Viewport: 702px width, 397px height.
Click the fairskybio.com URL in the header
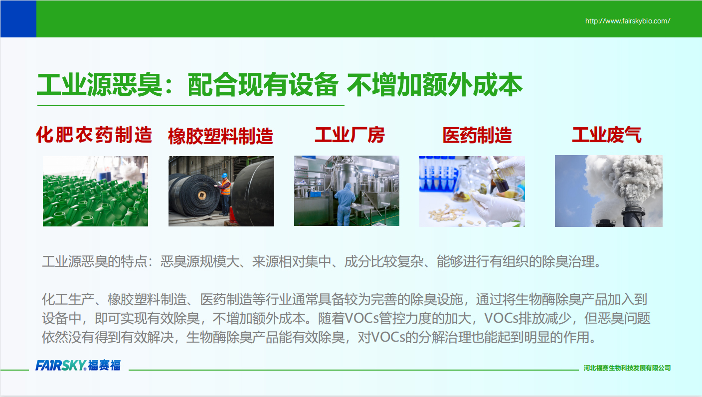coord(627,21)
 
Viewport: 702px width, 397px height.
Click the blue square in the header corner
coord(18,19)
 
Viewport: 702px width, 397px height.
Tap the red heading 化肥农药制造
coord(94,135)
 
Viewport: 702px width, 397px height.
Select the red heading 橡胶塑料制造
coord(221,136)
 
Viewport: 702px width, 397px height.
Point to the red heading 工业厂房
coord(350,135)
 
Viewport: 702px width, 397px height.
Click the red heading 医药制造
coord(477,135)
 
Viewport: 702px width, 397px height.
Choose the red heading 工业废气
coord(607,135)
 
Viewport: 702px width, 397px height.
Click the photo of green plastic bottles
coord(95,191)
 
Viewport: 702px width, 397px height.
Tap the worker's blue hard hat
coord(224,175)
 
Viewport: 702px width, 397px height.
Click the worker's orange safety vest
coord(226,187)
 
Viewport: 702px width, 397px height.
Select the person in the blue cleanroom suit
coord(345,204)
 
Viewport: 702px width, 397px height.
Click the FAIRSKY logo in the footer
coord(78,365)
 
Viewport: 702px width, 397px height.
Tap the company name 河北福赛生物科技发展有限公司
coord(627,368)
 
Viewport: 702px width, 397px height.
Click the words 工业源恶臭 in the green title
coord(100,85)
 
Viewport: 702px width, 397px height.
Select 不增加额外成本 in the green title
coord(434,85)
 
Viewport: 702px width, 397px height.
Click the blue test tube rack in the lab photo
coord(438,174)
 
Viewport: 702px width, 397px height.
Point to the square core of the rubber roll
coord(201,196)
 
